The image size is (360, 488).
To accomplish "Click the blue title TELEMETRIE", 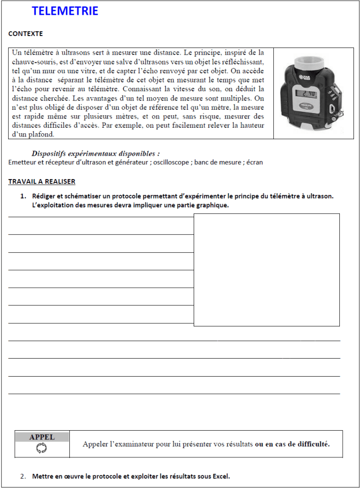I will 65,11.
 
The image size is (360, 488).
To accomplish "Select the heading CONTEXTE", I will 25,34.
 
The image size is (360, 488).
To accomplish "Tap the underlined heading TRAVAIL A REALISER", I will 41,181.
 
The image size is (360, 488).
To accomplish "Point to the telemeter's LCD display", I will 306,93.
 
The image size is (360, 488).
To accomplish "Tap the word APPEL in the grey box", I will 42,437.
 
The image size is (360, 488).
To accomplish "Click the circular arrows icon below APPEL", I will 42,448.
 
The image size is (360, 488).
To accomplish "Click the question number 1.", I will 23,196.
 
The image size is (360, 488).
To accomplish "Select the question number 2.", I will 23,476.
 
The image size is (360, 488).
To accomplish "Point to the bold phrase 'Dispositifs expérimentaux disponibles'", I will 95,154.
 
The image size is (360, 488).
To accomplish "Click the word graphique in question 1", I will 212,205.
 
